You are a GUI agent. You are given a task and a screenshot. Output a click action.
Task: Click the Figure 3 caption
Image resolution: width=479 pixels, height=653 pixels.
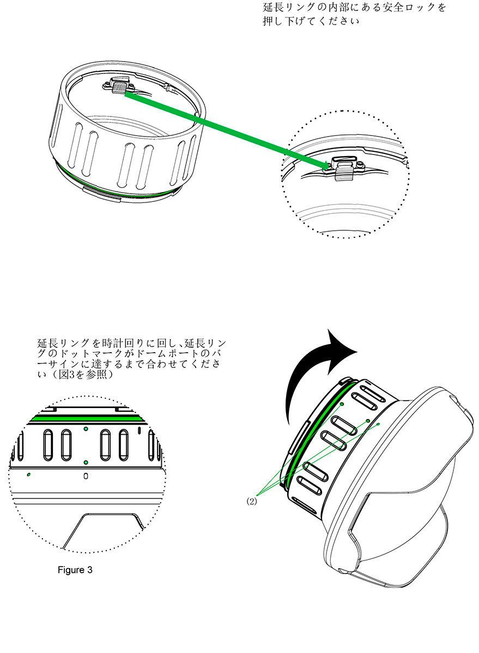(75, 570)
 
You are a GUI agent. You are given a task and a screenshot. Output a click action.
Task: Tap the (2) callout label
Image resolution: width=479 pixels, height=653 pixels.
(252, 501)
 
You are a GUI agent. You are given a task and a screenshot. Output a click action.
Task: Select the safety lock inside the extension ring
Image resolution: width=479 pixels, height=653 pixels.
(119, 86)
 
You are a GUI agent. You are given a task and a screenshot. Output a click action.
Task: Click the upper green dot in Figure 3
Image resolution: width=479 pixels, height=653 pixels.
(86, 429)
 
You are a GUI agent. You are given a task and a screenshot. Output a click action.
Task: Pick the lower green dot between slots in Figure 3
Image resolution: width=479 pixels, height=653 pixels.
(86, 463)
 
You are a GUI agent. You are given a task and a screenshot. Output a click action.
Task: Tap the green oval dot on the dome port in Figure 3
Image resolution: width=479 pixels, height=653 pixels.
(28, 475)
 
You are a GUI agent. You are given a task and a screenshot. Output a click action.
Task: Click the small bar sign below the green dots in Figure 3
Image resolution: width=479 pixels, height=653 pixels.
(86, 476)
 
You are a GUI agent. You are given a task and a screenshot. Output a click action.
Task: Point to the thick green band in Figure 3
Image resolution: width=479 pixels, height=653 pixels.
(87, 418)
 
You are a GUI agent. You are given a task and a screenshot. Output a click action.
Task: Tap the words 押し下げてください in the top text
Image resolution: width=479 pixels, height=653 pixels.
(311, 21)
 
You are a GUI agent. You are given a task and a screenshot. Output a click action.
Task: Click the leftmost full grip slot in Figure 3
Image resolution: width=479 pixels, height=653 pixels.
(48, 445)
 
